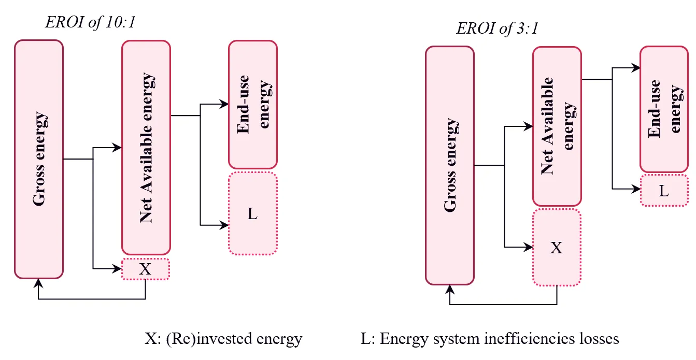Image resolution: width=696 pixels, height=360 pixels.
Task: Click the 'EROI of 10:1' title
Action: [x=90, y=22]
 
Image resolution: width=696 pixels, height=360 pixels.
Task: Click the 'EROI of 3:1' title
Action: [x=497, y=28]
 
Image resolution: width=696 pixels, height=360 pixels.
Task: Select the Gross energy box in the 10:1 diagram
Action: [x=39, y=159]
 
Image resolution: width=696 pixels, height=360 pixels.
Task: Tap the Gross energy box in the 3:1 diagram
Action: [x=450, y=165]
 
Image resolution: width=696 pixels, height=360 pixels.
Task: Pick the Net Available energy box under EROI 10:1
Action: [x=146, y=148]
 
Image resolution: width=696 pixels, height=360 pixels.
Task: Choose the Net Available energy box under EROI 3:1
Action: [x=557, y=126]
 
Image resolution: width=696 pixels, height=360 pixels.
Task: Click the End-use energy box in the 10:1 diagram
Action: [x=253, y=104]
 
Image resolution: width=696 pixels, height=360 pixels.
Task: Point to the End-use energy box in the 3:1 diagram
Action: [x=664, y=109]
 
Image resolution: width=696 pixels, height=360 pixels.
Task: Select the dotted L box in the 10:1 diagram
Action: [x=253, y=213]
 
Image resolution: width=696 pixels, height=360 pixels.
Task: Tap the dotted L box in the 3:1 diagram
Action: [x=664, y=190]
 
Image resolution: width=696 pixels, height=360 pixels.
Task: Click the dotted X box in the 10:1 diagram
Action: [x=146, y=269]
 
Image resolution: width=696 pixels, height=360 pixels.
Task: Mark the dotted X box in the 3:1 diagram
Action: [x=557, y=247]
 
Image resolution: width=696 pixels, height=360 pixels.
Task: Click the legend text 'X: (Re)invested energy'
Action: [x=223, y=339]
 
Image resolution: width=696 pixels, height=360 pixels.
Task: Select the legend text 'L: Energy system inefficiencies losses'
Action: [x=490, y=339]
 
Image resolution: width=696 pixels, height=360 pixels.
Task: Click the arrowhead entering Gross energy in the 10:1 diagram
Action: [x=38, y=283]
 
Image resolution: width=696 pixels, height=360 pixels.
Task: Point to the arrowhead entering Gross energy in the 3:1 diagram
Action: [x=450, y=290]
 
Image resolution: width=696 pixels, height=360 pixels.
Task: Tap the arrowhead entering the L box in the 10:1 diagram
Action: [x=224, y=225]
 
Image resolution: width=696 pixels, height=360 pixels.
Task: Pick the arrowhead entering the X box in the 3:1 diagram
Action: [x=528, y=247]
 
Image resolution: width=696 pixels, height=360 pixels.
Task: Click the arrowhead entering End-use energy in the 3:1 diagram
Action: [x=635, y=68]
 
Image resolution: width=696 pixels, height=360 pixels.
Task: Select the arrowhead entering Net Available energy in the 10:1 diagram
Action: [x=117, y=148]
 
